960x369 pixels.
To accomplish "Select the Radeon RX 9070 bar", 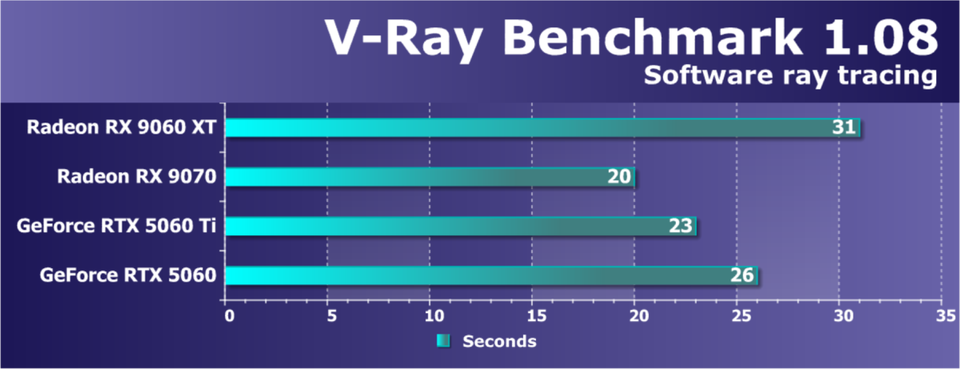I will (416, 177).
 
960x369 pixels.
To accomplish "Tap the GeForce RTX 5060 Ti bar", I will (448, 227).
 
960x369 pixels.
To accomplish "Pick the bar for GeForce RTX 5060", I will (480, 276).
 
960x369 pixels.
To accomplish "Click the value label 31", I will (844, 127).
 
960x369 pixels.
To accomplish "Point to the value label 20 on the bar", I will (619, 177).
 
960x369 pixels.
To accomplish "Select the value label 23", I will (681, 227).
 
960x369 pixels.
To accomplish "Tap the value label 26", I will (742, 276).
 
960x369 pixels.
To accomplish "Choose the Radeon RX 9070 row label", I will (137, 177).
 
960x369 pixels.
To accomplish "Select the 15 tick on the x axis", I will (532, 316).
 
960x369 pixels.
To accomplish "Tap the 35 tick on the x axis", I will (941, 316).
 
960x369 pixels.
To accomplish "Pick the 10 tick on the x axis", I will (430, 316).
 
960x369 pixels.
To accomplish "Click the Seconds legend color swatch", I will (443, 341).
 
